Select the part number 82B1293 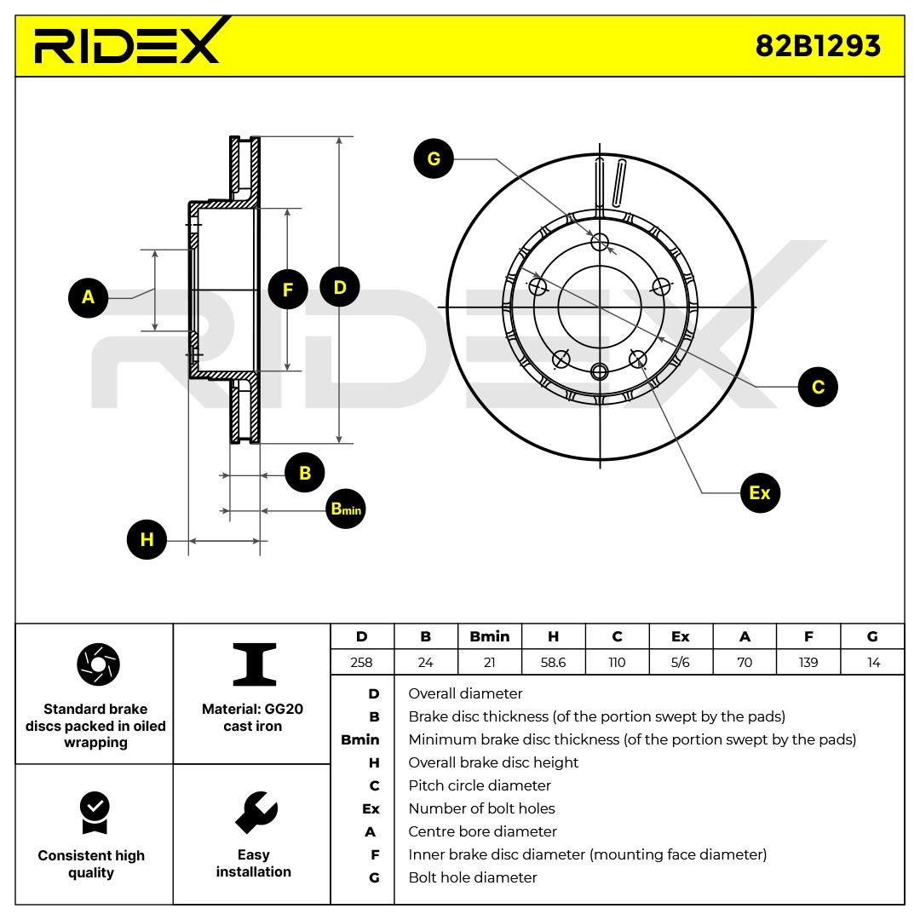coord(818,45)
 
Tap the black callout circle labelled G coord(434,159)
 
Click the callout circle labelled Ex coord(760,492)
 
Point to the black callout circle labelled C coord(818,387)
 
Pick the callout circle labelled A coord(88,297)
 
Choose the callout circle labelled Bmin coord(346,509)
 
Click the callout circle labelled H coord(147,539)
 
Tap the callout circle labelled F coord(288,290)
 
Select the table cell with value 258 coord(361,662)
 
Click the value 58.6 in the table coord(553,662)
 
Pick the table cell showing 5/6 coord(680,662)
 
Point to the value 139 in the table coord(808,662)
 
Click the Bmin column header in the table coord(489,636)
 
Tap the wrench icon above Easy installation coord(255,814)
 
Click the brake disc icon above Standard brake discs coord(98,664)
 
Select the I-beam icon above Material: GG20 coord(254,664)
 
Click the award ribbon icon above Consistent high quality coord(94,814)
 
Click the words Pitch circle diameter coord(479,785)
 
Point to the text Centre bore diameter coord(482,831)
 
